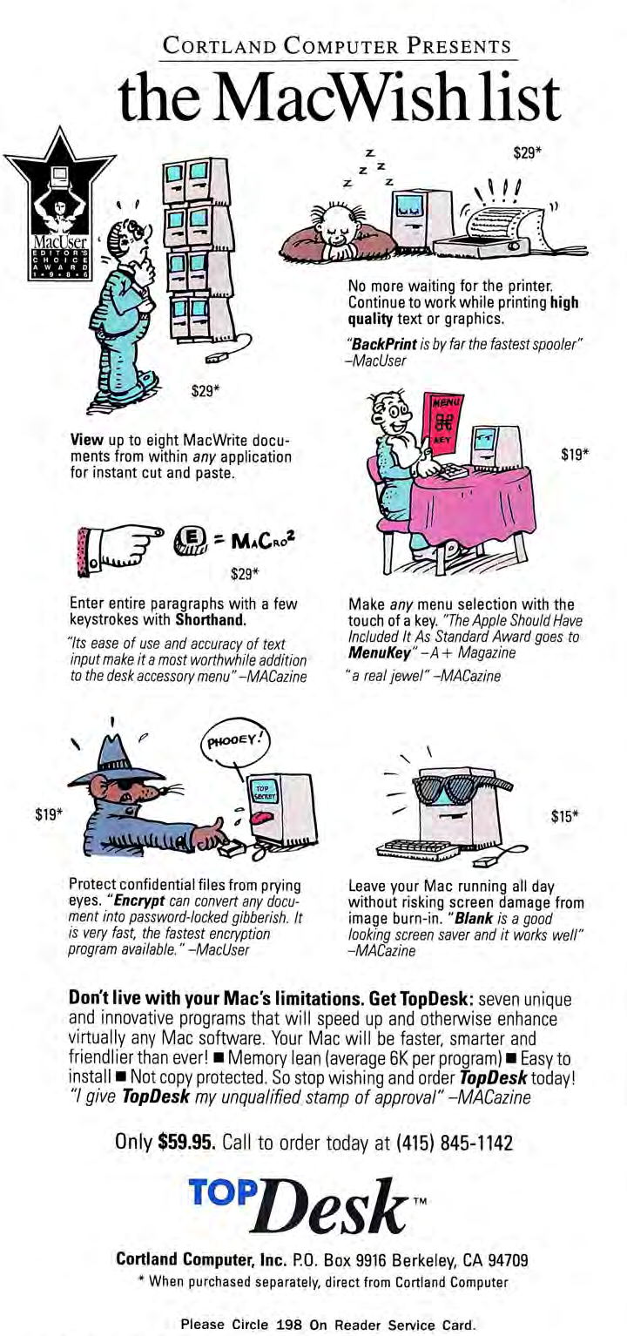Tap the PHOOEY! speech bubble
tap(236, 742)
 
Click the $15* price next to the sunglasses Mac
tap(565, 817)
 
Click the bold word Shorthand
tap(211, 619)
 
